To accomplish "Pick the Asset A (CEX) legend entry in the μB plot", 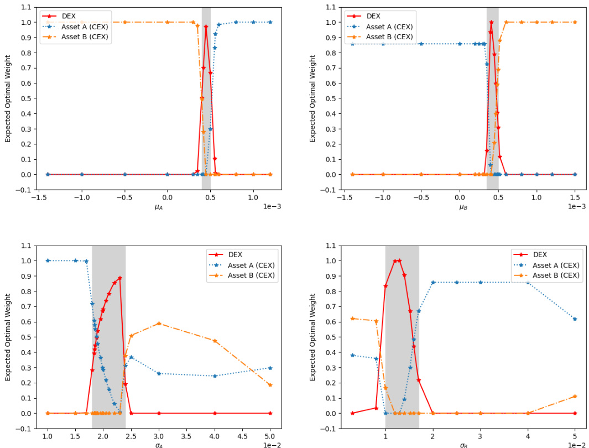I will (389, 27).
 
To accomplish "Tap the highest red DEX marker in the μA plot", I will (206, 27).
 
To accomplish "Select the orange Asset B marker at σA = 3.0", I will (159, 324).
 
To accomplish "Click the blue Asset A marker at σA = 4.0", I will (215, 376).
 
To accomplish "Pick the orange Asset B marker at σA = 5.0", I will (270, 385).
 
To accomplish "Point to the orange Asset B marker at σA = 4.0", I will (215, 341).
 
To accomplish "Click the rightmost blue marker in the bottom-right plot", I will (575, 319).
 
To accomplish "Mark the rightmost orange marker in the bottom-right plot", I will (575, 396).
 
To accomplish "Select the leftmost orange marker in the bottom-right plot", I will (352, 319).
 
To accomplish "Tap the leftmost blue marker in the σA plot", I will (48, 261).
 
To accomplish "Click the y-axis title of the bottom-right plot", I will (312, 337).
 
